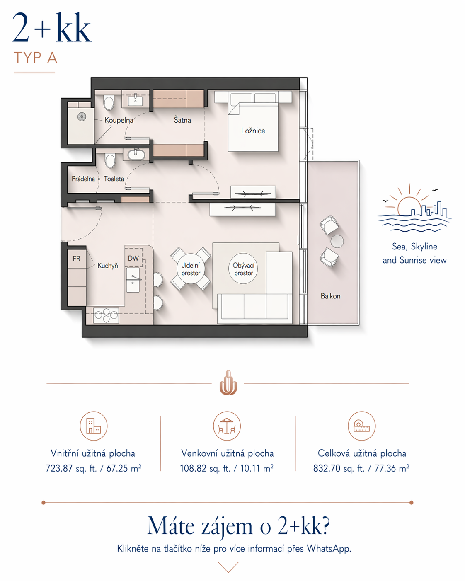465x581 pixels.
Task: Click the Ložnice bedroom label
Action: [x=253, y=131]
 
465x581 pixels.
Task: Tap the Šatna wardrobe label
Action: [x=182, y=120]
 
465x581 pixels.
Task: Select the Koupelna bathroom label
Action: [x=119, y=120]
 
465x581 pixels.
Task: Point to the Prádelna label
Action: [x=83, y=179]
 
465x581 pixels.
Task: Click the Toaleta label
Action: [x=114, y=179]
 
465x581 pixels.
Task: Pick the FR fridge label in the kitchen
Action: [x=76, y=259]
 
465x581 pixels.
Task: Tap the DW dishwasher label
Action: [x=133, y=258]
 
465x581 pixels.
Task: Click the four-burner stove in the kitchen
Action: [x=106, y=315]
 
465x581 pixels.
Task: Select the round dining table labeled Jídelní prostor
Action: [x=191, y=269]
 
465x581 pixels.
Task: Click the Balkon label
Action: [x=330, y=296]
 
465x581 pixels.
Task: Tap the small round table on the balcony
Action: [x=337, y=241]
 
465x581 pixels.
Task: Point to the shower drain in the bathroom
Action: [x=82, y=117]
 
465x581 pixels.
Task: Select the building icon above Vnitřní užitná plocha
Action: [x=93, y=426]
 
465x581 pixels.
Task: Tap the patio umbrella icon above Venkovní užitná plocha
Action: [x=227, y=426]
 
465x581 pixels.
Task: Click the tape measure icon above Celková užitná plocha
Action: [x=361, y=426]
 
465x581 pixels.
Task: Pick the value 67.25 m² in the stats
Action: [x=124, y=468]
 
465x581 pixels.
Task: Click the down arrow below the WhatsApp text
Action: [x=228, y=567]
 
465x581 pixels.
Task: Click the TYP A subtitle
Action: [x=35, y=58]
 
